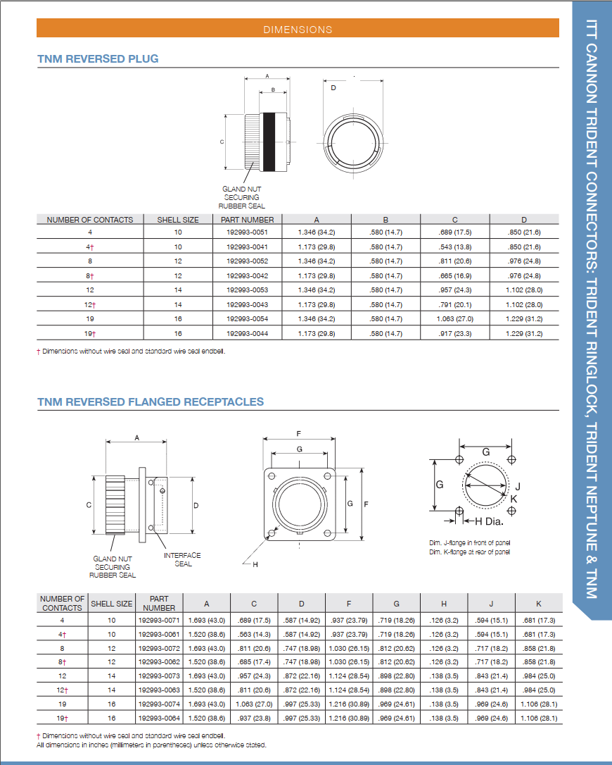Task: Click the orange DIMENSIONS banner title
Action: click(x=298, y=30)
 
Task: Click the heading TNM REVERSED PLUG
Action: click(x=98, y=58)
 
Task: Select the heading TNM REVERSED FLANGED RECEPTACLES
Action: click(x=151, y=402)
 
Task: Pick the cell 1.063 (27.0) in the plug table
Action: click(x=454, y=318)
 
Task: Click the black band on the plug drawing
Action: click(x=268, y=142)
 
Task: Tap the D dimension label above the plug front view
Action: click(x=333, y=88)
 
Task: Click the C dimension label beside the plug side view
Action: click(x=222, y=142)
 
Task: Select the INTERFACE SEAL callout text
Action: click(x=182, y=559)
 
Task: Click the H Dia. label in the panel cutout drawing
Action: click(x=489, y=522)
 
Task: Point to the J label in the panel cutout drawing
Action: click(x=517, y=486)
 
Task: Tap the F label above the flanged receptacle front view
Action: click(x=299, y=433)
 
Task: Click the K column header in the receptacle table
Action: click(x=539, y=604)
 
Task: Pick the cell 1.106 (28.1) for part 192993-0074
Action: click(x=539, y=704)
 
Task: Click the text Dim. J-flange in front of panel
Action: click(x=470, y=543)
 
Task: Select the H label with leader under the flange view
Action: click(x=255, y=564)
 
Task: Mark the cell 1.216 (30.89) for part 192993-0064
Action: click(x=349, y=718)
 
